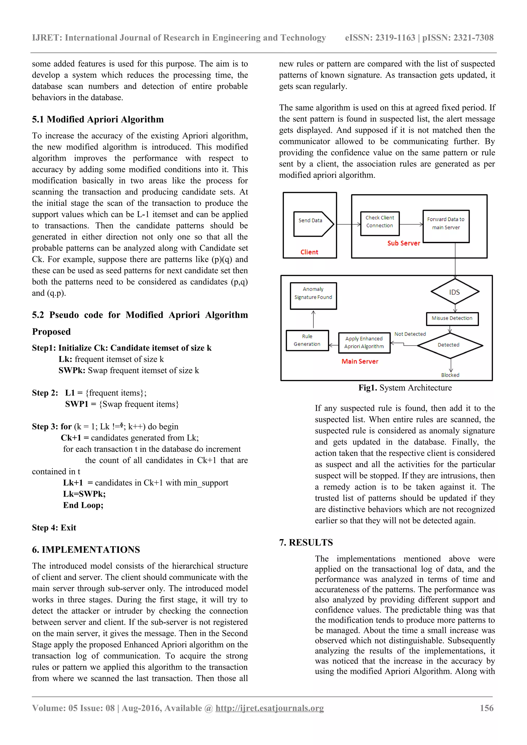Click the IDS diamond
pos(455,292)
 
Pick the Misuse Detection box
pos(452,319)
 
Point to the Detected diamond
pos(449,345)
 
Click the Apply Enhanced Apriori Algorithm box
pos(364,343)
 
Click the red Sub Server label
pos(403,243)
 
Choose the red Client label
pos(309,252)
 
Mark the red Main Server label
pos(360,361)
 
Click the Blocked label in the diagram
pos(450,375)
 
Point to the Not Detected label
pos(410,334)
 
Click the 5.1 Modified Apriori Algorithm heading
pos(98,119)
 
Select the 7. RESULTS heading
pos(306,542)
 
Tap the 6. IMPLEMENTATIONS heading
pos(86,550)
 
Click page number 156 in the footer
pos(486,708)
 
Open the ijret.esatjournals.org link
pos(269,708)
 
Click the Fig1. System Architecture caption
pos(405,388)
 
